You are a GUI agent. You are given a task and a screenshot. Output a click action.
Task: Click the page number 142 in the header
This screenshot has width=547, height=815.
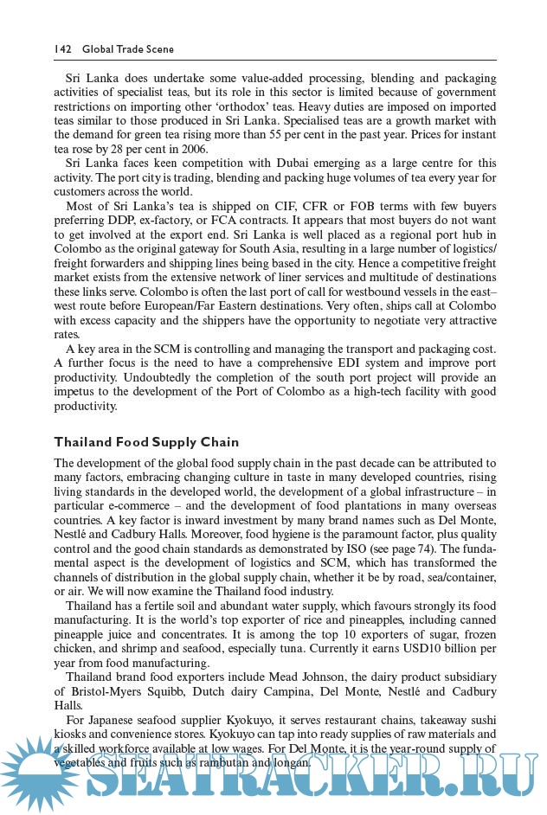[x=63, y=50]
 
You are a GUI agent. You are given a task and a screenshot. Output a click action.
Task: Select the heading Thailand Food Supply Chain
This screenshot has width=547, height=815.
[x=146, y=442]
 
